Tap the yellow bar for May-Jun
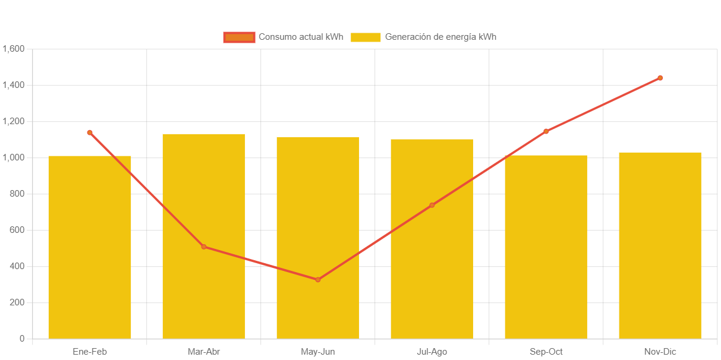tap(318, 238)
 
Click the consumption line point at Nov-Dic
tap(660, 78)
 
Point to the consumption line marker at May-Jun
tap(318, 279)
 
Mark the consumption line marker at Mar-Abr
tap(204, 247)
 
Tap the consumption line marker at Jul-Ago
tap(432, 206)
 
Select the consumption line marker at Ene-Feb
tap(90, 132)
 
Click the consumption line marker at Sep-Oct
tap(546, 131)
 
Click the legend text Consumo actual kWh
tap(301, 37)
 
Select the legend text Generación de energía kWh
tap(440, 37)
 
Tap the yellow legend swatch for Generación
tap(366, 37)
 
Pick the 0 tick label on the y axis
tap(22, 339)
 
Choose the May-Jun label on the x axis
tap(318, 352)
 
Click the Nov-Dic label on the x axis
tap(660, 352)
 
